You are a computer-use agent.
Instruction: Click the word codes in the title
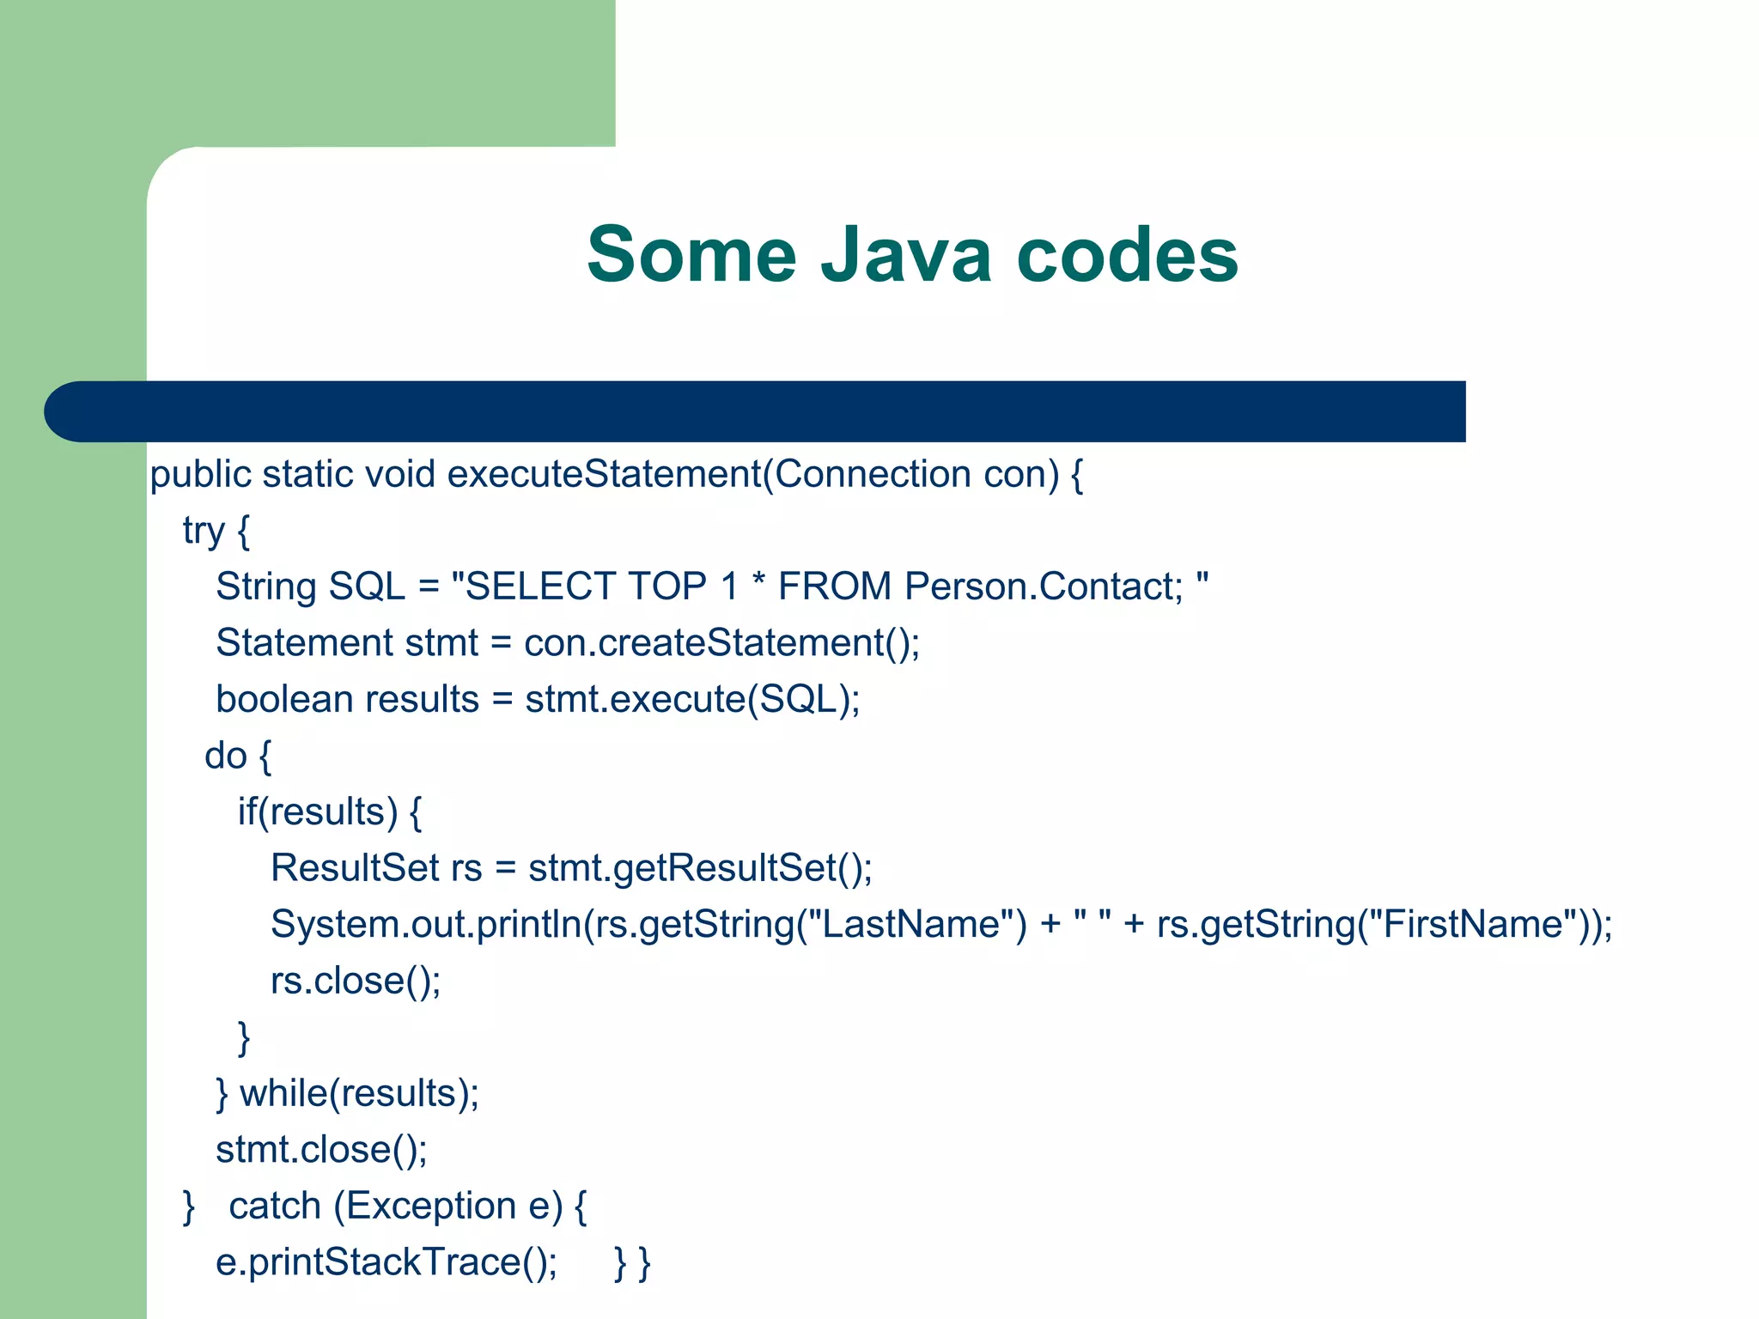[1127, 255]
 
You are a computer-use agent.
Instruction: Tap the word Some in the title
[692, 255]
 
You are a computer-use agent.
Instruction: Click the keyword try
[204, 532]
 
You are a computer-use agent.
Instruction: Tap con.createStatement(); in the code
[721, 643]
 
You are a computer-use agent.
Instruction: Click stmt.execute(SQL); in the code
[692, 699]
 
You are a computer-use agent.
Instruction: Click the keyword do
[226, 756]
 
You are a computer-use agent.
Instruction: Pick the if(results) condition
[318, 812]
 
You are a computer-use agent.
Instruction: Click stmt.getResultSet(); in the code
[700, 868]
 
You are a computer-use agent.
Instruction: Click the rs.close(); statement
[356, 981]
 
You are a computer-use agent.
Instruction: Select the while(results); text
[359, 1094]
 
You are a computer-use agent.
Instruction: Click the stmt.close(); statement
[321, 1150]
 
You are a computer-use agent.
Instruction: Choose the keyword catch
[275, 1207]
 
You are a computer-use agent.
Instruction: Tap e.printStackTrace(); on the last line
[386, 1263]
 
